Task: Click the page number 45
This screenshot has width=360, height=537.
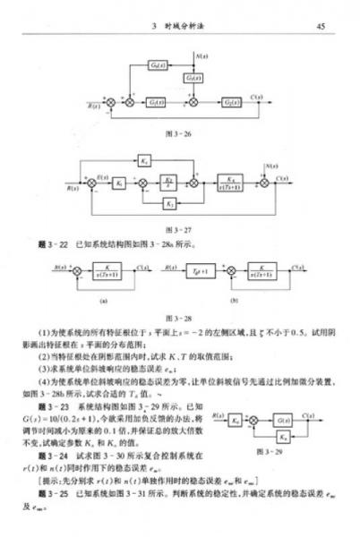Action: point(320,26)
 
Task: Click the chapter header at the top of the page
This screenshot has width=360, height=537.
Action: point(179,26)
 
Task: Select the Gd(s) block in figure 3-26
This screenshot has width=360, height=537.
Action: point(157,65)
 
